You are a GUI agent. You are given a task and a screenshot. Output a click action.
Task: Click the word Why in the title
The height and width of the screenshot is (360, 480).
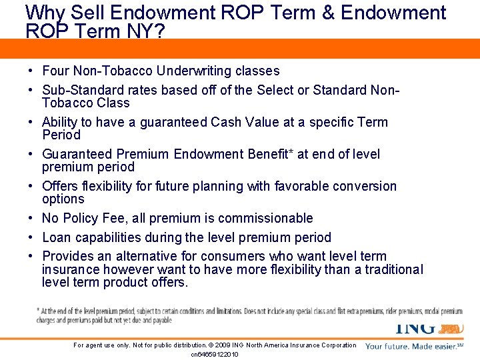coord(45,13)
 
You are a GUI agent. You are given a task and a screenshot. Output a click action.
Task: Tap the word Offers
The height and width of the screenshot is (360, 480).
coord(61,186)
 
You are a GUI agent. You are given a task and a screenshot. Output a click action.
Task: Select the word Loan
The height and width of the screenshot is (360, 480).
coord(56,237)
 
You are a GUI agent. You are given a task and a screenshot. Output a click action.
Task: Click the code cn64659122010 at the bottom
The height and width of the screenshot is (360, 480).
coord(214,354)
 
